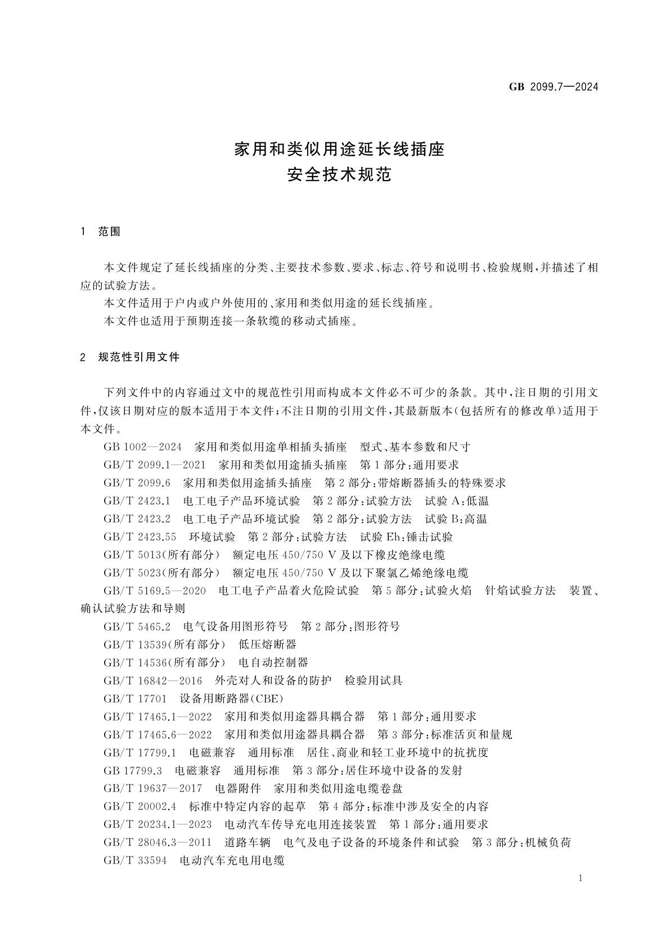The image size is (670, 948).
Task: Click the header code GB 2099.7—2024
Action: tap(553, 87)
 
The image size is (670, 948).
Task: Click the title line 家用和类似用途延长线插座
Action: tap(339, 150)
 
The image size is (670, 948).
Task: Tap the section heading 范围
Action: tap(110, 232)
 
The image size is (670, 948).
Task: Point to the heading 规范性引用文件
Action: tap(139, 357)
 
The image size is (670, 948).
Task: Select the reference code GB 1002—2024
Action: tap(143, 447)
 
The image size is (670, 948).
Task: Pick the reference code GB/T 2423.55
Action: tap(140, 537)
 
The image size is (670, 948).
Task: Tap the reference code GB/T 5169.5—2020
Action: tap(155, 591)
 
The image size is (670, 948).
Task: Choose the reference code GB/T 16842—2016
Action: tap(153, 681)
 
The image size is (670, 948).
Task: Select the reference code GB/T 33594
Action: tap(135, 860)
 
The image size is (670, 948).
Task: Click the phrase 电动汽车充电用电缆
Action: tap(232, 860)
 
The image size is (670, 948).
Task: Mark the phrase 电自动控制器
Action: tap(273, 663)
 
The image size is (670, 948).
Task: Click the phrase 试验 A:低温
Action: tap(457, 501)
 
